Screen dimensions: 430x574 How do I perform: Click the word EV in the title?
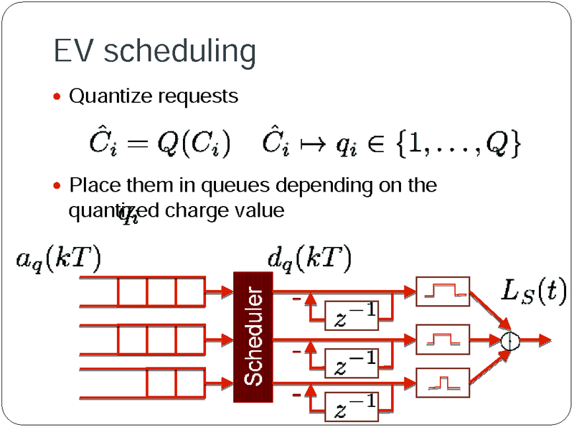tap(73, 51)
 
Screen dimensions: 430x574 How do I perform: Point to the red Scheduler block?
tap(253, 337)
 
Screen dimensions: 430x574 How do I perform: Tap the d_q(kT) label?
tap(309, 258)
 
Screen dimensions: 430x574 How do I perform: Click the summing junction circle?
tap(510, 340)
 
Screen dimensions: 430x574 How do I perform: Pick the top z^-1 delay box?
tap(352, 314)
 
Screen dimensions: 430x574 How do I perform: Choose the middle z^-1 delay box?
tap(352, 360)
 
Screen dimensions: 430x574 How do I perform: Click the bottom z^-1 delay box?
tap(352, 405)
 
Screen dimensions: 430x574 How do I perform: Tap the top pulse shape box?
tap(442, 291)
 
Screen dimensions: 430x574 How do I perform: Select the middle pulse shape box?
tap(442, 337)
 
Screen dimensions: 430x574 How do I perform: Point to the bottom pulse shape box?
tap(442, 382)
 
